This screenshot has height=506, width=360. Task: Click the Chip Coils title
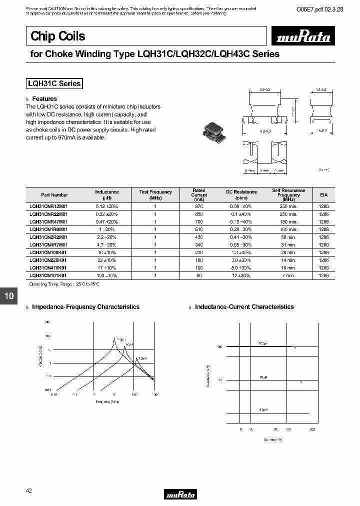[57, 36]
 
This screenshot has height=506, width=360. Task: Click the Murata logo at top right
[301, 37]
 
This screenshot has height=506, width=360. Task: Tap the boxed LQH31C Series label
[54, 84]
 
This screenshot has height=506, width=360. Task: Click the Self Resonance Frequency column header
[288, 194]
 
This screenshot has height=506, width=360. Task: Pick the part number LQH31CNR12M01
[48, 206]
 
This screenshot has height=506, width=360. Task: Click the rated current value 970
[199, 206]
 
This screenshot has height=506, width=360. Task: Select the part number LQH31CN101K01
[48, 275]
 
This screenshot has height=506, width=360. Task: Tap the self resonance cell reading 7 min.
[288, 275]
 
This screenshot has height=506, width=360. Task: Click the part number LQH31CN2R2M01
[48, 237]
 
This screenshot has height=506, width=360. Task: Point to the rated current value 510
[199, 229]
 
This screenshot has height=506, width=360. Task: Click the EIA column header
[323, 194]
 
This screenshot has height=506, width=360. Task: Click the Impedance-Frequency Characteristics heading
[85, 307]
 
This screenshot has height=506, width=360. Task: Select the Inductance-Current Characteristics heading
[244, 307]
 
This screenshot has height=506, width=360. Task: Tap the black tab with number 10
[9, 296]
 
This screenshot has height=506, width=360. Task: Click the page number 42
[29, 491]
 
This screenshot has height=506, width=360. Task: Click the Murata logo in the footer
[180, 494]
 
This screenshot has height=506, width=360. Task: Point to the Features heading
[44, 99]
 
